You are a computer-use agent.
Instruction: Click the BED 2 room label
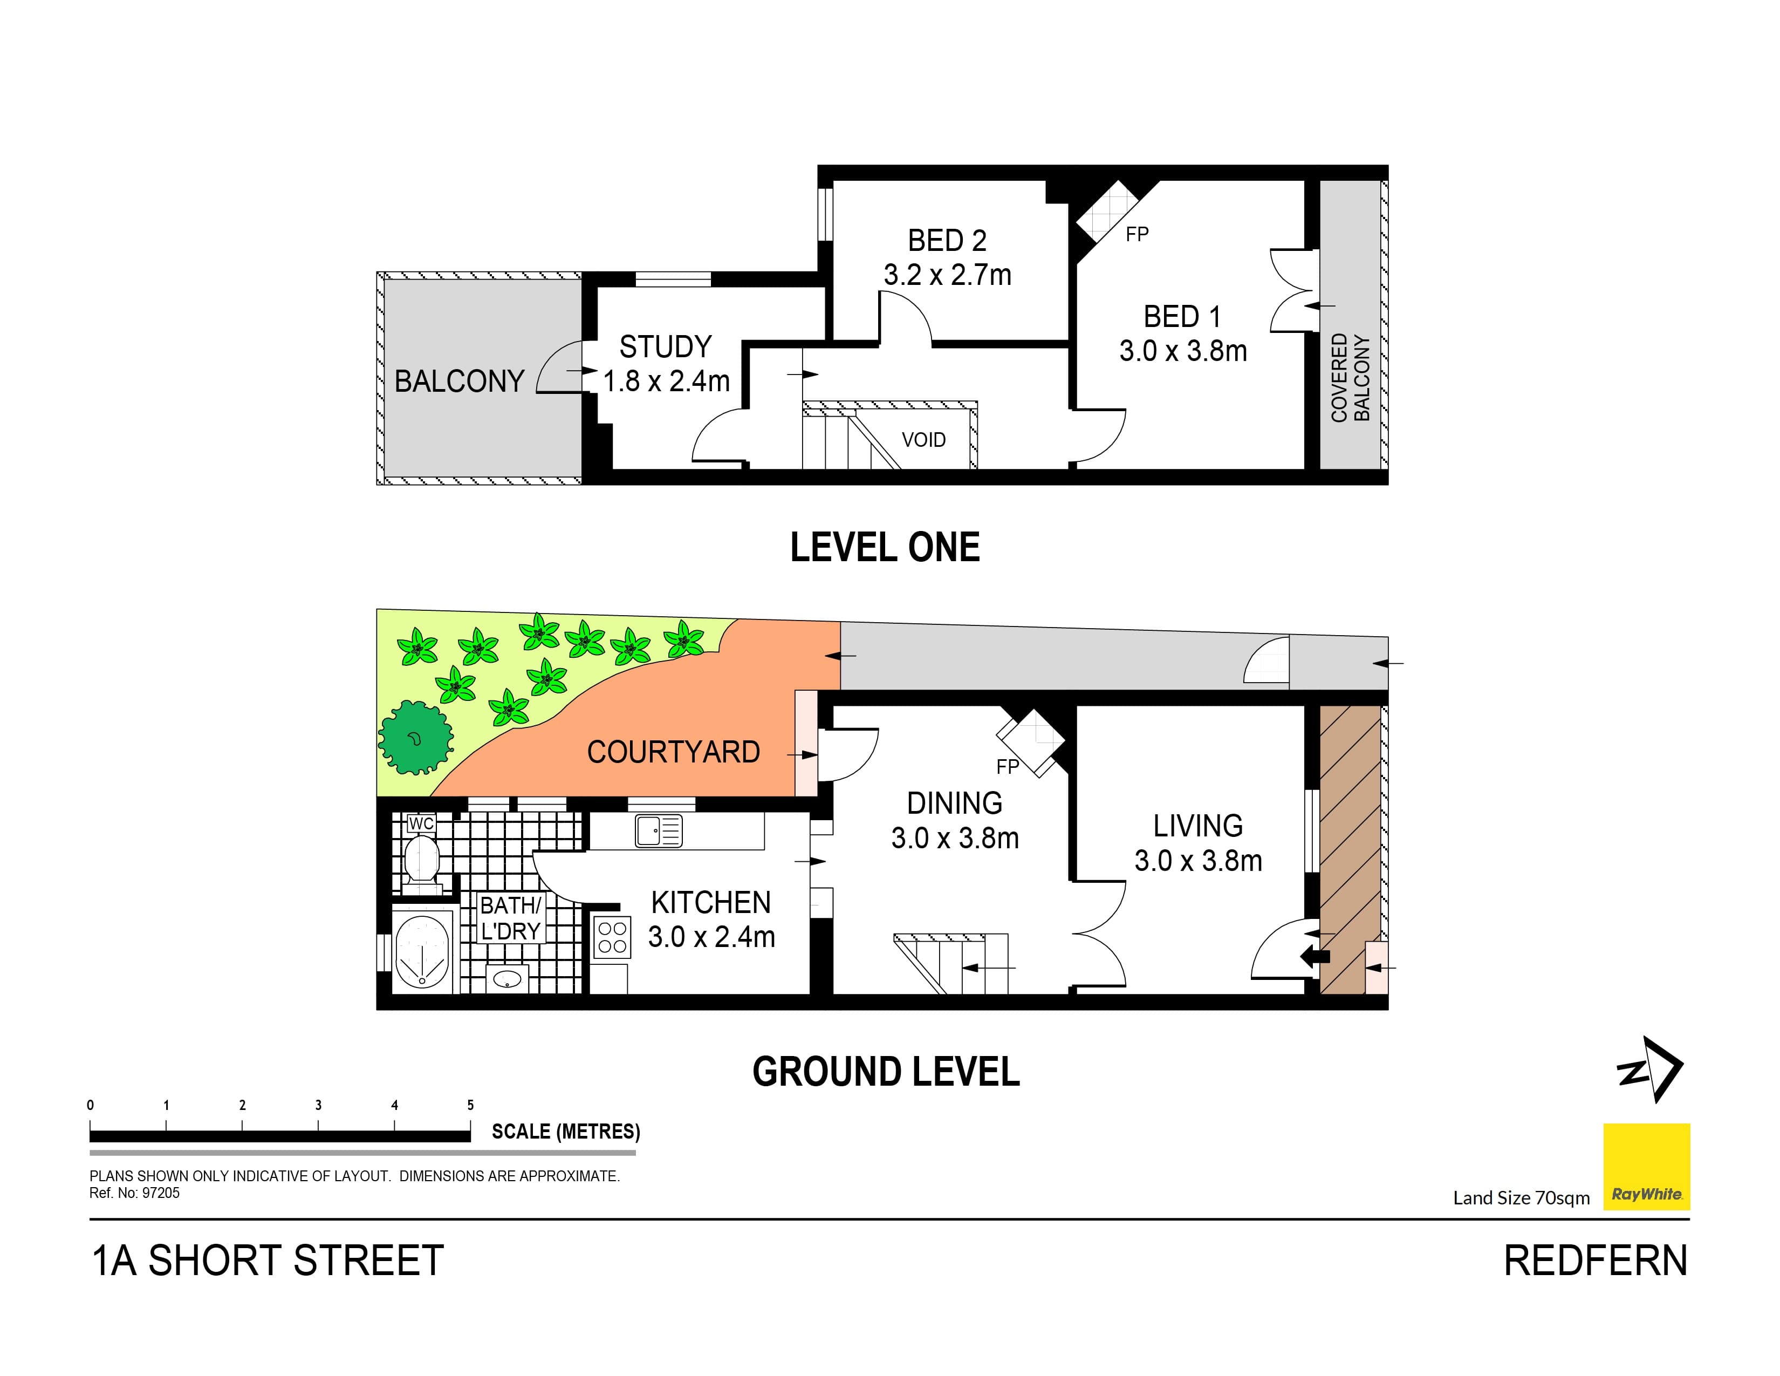click(x=947, y=241)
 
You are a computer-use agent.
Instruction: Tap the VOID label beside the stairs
click(x=923, y=440)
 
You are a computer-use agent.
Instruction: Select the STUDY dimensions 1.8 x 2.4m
click(x=666, y=380)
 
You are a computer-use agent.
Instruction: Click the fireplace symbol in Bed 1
click(x=1105, y=211)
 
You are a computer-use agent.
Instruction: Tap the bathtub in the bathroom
click(x=423, y=950)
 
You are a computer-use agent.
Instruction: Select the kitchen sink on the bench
click(x=658, y=832)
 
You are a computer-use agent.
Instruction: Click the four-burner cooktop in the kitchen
click(x=612, y=937)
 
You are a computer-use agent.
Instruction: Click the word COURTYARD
click(x=673, y=752)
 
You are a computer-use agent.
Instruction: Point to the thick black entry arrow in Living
click(x=1315, y=956)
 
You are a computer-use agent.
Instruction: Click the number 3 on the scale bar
click(x=318, y=1105)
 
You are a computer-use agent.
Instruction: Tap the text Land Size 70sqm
click(x=1521, y=1197)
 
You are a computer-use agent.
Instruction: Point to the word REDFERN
click(x=1595, y=1261)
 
